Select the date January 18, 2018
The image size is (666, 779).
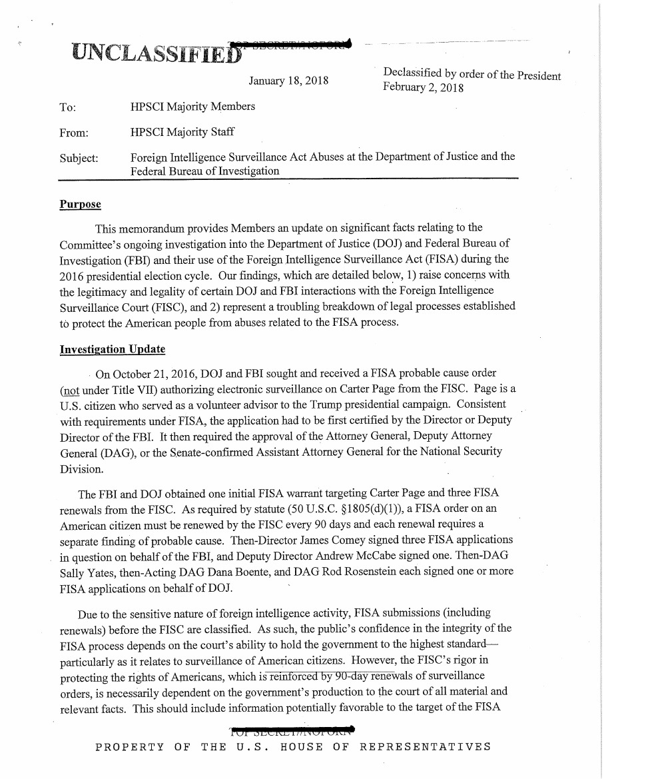point(288,81)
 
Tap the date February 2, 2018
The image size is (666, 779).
point(423,88)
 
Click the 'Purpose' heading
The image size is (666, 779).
point(80,203)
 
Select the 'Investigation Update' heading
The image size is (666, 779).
point(112,349)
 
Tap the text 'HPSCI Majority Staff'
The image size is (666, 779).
point(182,132)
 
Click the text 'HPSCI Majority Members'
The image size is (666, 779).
point(192,107)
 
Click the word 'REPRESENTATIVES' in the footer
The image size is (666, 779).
point(425,746)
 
